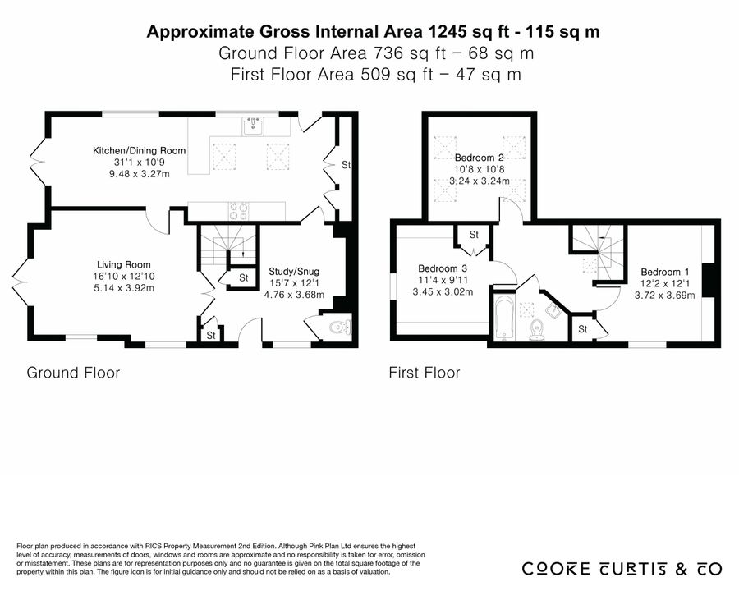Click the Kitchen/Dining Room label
(139, 151)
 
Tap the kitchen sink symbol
(254, 126)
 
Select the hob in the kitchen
(238, 211)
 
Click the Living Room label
(124, 265)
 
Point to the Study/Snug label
(294, 272)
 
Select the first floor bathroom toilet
(536, 330)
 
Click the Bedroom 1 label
(665, 272)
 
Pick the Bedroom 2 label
(480, 158)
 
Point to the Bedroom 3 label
(443, 268)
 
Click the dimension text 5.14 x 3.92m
(124, 288)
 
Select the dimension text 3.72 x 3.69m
(664, 295)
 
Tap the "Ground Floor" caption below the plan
(73, 373)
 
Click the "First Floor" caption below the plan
(425, 373)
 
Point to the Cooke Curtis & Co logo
(622, 569)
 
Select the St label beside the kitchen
(347, 165)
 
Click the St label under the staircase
(244, 278)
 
